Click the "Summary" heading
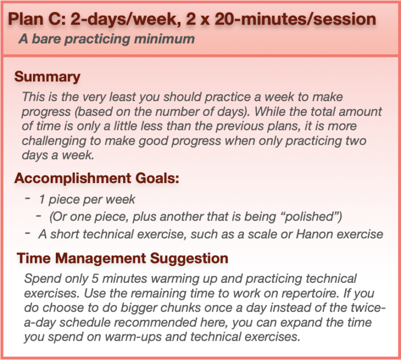coord(48,77)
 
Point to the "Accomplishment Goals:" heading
coord(97,178)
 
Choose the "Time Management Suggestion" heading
coord(123,258)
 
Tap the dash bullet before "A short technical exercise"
coord(27,234)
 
